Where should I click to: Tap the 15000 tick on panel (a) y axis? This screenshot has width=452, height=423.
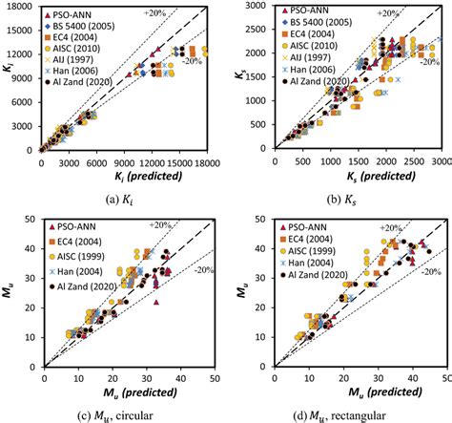click(x=24, y=7)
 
